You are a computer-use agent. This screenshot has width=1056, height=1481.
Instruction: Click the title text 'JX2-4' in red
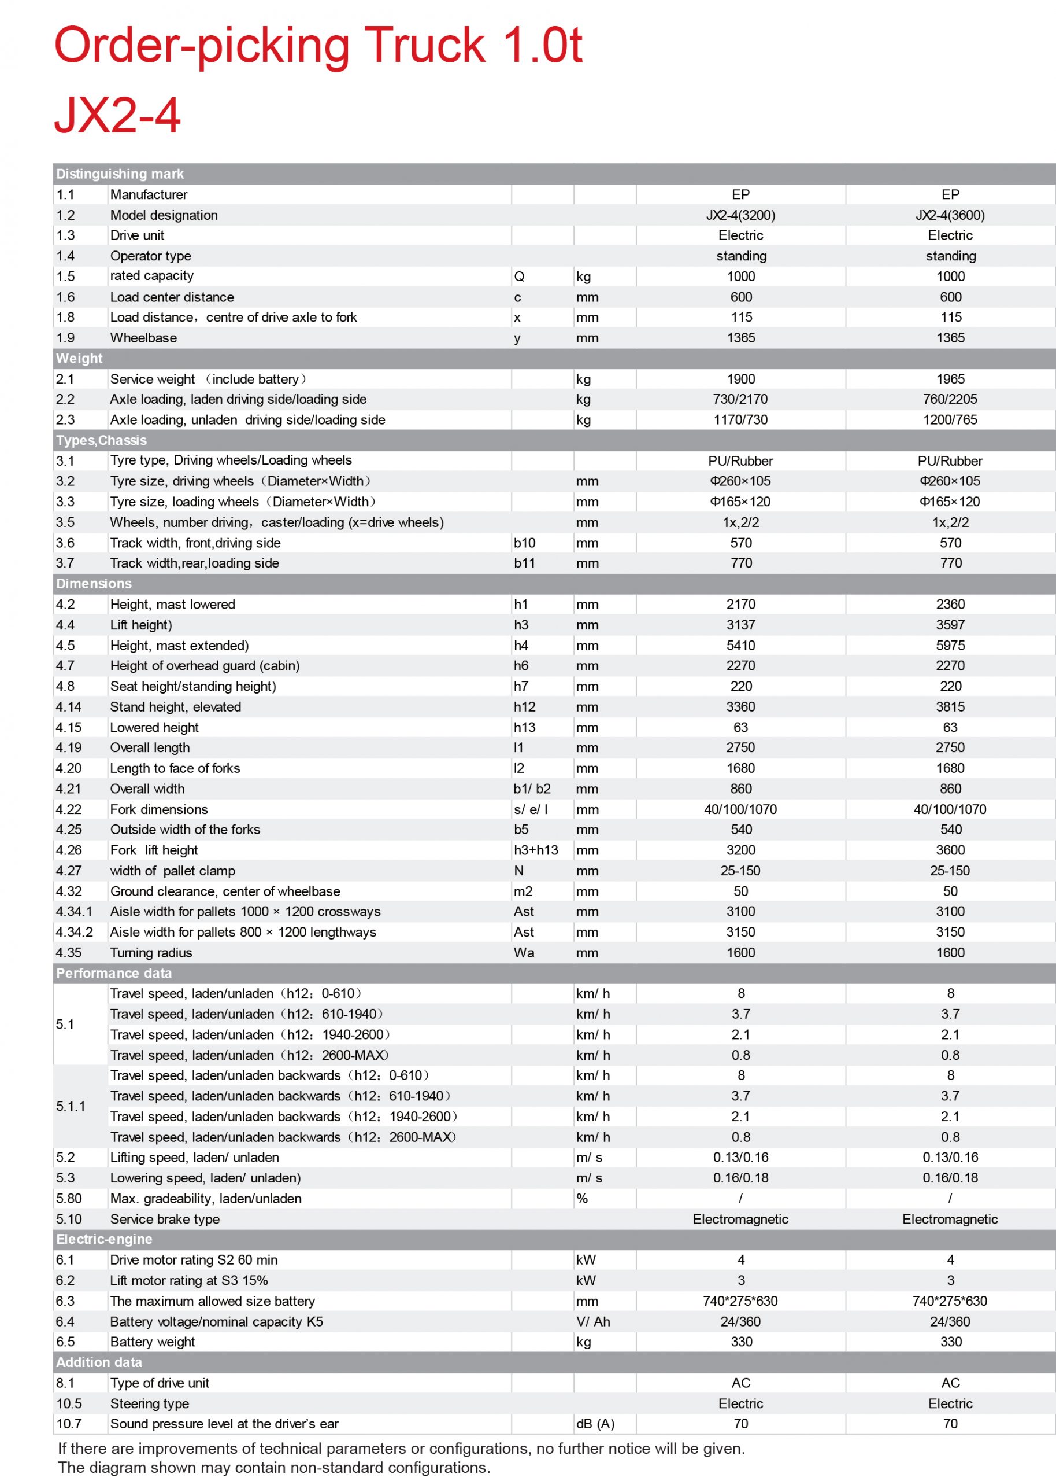pos(117,115)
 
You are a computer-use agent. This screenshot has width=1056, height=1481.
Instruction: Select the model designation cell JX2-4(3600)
pos(950,215)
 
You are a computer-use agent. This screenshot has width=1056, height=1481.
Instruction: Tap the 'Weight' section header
pos(79,359)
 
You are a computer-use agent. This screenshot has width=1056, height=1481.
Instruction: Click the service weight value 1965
pos(950,379)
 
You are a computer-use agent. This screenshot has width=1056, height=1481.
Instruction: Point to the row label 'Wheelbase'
pos(143,338)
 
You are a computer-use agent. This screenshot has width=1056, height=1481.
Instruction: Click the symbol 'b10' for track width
pos(524,543)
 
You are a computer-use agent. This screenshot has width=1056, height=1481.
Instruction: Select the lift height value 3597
pos(950,625)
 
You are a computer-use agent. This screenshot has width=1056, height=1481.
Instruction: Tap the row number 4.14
pos(68,707)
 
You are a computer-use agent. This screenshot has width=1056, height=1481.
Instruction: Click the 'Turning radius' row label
pos(151,953)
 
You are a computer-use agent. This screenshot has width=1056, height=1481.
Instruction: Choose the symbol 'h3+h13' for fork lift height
pos(536,850)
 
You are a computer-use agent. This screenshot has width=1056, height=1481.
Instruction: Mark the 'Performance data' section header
pos(114,973)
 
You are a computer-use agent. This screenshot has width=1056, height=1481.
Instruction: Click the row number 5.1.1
pos(71,1106)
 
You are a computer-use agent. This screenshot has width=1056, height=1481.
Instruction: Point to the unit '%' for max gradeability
pos(582,1199)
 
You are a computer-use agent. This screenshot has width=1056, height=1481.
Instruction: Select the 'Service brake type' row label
pos(165,1219)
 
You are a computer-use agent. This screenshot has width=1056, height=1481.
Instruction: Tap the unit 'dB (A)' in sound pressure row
pos(595,1424)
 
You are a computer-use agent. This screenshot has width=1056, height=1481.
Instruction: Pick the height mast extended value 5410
pos(740,646)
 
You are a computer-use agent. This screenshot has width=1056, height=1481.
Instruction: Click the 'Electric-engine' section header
pos(104,1239)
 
